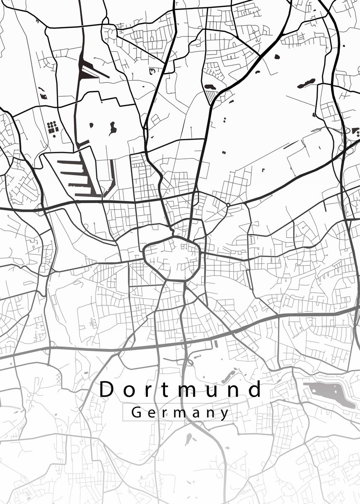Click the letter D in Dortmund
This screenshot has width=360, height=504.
[107, 389]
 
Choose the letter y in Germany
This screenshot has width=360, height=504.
[226, 414]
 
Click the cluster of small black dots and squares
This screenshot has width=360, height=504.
[52, 126]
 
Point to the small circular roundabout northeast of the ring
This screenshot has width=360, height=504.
[228, 205]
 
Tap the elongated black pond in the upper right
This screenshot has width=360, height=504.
[306, 83]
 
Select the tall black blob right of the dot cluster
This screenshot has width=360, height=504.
[112, 128]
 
